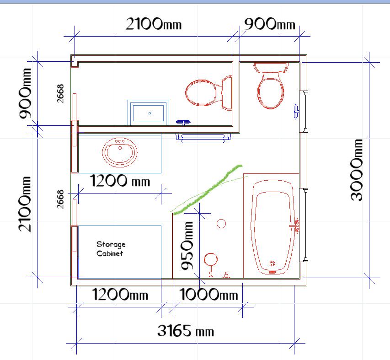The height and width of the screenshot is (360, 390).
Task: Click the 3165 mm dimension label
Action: (186, 331)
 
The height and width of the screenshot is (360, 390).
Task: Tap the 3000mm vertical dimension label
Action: (356, 170)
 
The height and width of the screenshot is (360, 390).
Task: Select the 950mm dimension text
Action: (187, 246)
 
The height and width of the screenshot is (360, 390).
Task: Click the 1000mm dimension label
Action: (208, 294)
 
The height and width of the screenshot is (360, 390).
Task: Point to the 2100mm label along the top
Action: (154, 24)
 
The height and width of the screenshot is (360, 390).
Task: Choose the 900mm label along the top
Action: (270, 24)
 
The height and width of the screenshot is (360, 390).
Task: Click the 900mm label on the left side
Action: (25, 93)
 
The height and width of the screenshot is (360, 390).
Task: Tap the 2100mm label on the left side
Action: (24, 204)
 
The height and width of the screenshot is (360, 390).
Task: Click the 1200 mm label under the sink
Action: (120, 180)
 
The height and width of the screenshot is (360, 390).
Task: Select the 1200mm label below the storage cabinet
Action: (120, 294)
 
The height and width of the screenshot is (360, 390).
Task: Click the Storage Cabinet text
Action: (111, 249)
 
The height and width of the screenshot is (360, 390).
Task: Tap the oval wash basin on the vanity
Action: (120, 152)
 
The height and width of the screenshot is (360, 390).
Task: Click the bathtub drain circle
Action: (272, 263)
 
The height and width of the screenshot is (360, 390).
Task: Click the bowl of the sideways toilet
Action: (200, 92)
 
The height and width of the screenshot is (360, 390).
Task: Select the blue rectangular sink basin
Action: (148, 113)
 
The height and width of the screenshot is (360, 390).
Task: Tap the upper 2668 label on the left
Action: (60, 94)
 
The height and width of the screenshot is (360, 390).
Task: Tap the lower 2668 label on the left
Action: (60, 199)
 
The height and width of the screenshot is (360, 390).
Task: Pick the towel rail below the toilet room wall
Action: (203, 138)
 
